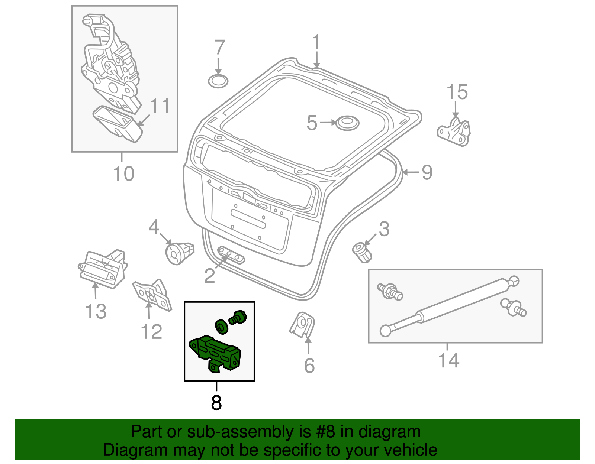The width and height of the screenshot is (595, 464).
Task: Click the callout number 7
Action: (x=220, y=48)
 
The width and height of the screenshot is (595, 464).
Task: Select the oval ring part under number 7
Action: (x=218, y=81)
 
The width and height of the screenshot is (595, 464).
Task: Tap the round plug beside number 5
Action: (x=347, y=123)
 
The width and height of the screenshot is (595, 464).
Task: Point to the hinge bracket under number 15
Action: (x=454, y=132)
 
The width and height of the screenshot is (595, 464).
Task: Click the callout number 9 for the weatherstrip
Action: (x=427, y=172)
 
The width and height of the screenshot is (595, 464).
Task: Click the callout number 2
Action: (x=210, y=276)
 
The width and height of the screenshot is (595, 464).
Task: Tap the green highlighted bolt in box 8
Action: (x=238, y=318)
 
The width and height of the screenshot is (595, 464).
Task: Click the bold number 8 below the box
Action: (x=216, y=402)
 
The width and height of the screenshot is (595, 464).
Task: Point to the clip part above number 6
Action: (x=302, y=325)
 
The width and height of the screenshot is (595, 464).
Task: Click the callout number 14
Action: (x=449, y=360)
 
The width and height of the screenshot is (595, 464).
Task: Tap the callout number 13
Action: (x=96, y=311)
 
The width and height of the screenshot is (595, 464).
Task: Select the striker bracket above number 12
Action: (x=153, y=295)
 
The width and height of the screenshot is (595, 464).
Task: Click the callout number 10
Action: (x=123, y=173)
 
